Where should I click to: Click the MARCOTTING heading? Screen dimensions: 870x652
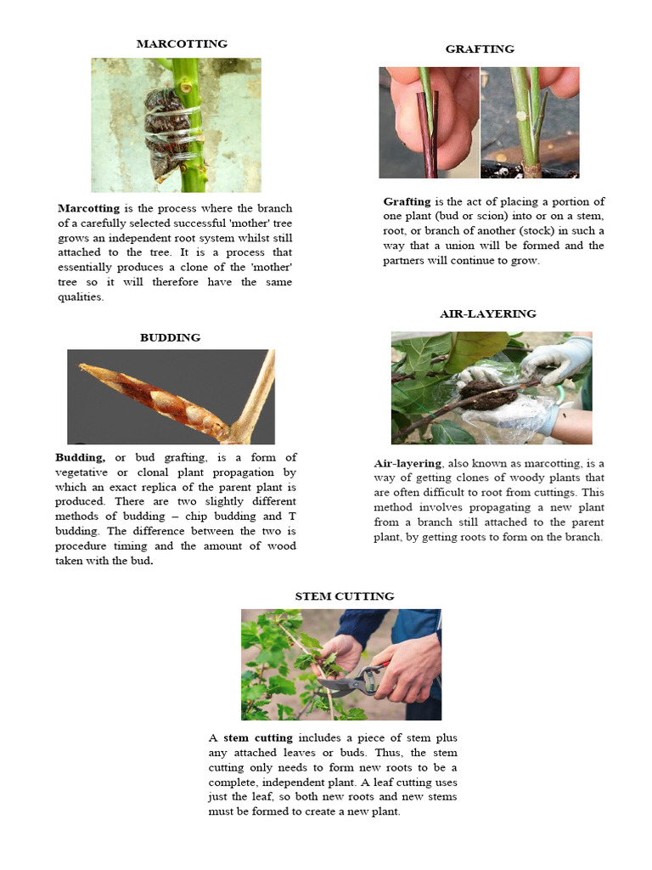coord(183,43)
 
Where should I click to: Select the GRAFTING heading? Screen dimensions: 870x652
coord(480,49)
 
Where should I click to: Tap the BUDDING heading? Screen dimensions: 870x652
coord(170,337)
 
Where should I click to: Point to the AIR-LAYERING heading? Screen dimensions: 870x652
coord(487,314)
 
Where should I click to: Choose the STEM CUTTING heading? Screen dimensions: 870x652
coord(344,596)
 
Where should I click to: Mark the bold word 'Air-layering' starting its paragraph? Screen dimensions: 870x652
coord(407,463)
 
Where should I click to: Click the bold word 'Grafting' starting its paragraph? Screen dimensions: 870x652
coord(407,201)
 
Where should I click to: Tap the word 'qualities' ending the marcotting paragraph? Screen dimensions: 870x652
coord(80,297)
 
